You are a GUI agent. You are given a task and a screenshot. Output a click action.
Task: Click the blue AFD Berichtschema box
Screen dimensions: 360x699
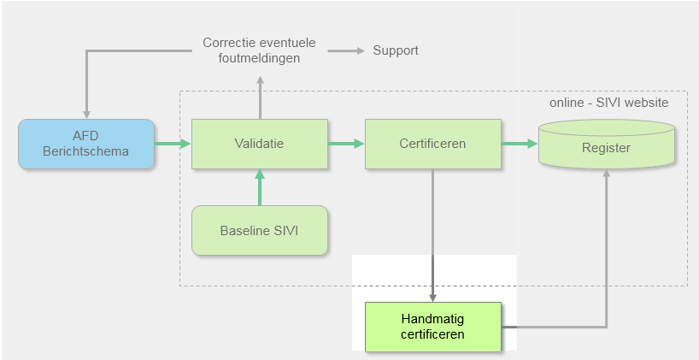click(x=86, y=144)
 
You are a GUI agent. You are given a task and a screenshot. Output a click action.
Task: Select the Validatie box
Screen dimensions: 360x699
click(x=259, y=144)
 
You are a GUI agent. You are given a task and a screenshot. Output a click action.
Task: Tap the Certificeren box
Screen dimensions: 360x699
click(x=432, y=144)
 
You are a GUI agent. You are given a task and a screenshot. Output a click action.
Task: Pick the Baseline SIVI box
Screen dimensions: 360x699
click(x=259, y=230)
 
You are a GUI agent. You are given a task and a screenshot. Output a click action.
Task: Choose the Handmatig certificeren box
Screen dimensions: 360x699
click(x=432, y=327)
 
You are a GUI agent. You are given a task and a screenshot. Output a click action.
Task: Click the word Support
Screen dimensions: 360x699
click(x=396, y=50)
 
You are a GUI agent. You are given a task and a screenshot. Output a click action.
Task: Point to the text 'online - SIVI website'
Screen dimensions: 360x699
click(x=609, y=103)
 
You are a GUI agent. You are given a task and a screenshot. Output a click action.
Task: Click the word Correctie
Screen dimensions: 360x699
click(x=230, y=42)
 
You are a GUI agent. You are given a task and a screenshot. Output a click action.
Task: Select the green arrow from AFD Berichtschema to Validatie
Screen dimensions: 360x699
click(x=173, y=144)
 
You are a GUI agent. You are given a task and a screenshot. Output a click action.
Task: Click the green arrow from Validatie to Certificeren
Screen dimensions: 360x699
click(x=346, y=144)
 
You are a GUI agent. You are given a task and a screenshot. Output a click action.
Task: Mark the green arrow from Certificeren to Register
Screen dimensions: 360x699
click(x=520, y=144)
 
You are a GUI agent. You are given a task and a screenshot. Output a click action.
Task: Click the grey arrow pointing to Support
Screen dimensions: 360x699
click(x=346, y=51)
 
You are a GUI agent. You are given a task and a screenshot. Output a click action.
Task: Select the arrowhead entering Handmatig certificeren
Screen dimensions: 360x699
click(x=432, y=296)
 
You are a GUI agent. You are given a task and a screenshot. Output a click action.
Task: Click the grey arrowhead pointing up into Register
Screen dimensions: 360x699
click(x=607, y=173)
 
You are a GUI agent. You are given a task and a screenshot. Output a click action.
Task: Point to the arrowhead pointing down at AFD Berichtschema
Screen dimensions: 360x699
click(x=86, y=113)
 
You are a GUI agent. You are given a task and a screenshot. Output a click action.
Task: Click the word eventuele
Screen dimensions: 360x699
click(x=289, y=42)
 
